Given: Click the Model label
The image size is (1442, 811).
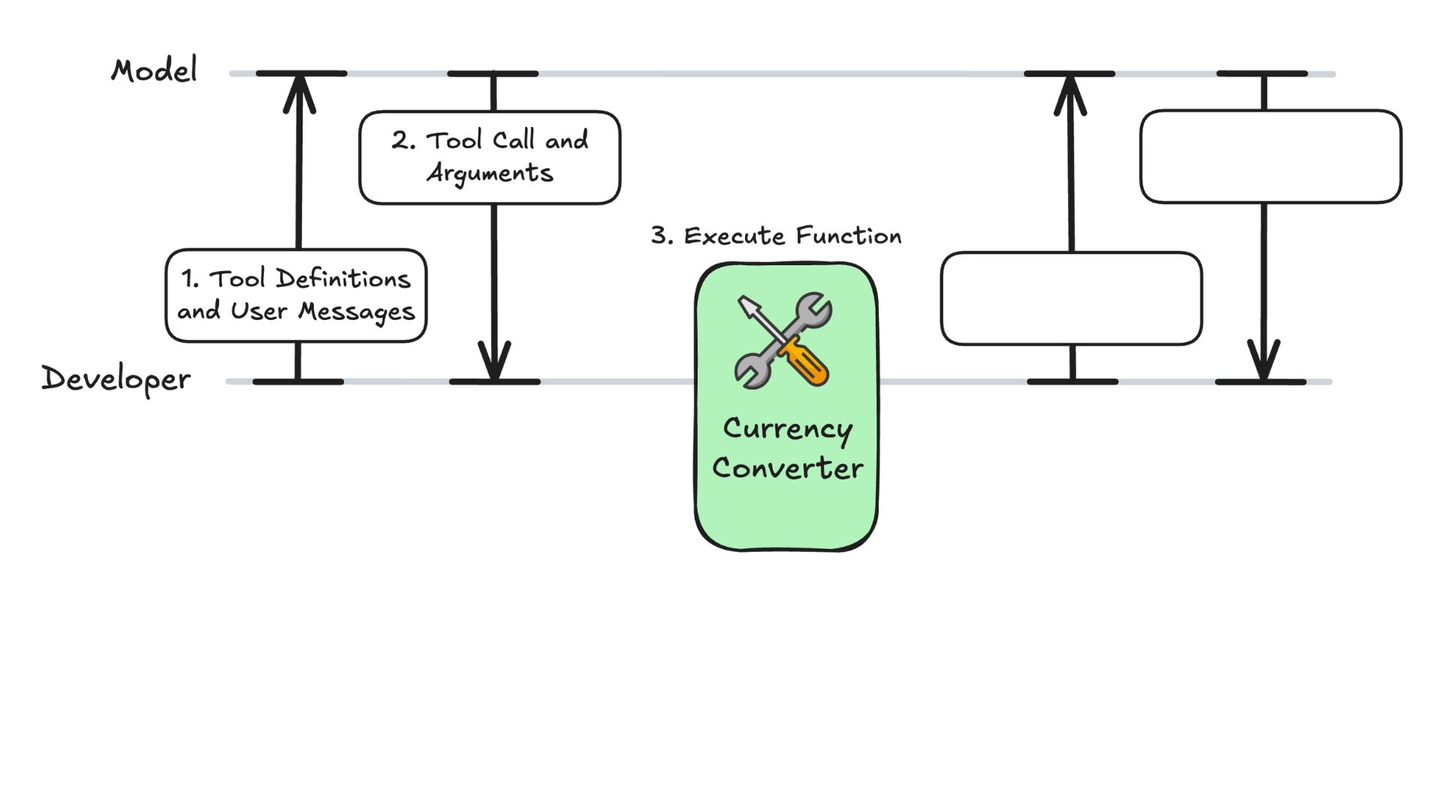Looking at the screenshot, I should pos(155,71).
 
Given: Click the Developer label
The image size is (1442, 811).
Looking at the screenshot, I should pos(116,379).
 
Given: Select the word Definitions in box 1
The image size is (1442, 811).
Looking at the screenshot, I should pos(343,279).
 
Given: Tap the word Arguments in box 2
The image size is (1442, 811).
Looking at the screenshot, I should pos(490,173).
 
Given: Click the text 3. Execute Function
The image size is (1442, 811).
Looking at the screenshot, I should pos(776,236).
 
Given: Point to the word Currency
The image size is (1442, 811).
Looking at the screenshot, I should pos(787,430).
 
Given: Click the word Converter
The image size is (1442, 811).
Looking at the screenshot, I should pos(787,469).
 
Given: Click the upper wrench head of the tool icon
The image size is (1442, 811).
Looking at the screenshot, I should pos(813,309).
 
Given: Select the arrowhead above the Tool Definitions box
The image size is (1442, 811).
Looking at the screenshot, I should pos(299,94).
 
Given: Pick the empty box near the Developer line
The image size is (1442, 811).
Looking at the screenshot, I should pos(1071,299).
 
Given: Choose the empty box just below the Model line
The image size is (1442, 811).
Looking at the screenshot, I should pos(1270,156).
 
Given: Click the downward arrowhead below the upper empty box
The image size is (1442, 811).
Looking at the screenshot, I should pos(1263,360).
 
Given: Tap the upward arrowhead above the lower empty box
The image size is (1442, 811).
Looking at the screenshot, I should pos(1070,95).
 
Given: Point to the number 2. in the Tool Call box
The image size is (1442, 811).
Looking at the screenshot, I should pos(403,140).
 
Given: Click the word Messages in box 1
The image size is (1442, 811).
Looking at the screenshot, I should pos(356,312).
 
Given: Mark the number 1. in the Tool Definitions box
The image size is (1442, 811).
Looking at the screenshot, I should pos(190,279).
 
